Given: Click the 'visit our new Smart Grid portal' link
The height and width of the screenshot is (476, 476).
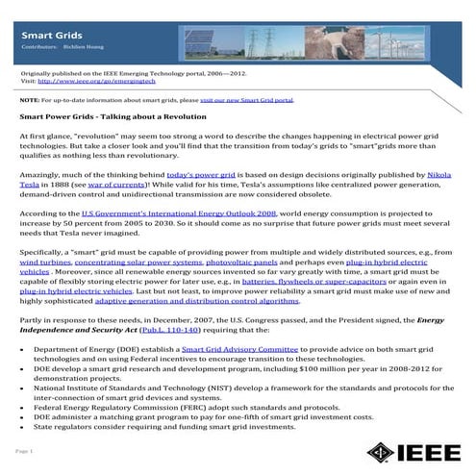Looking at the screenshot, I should [x=251, y=99].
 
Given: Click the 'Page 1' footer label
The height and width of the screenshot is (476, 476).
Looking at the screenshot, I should [x=25, y=451].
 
